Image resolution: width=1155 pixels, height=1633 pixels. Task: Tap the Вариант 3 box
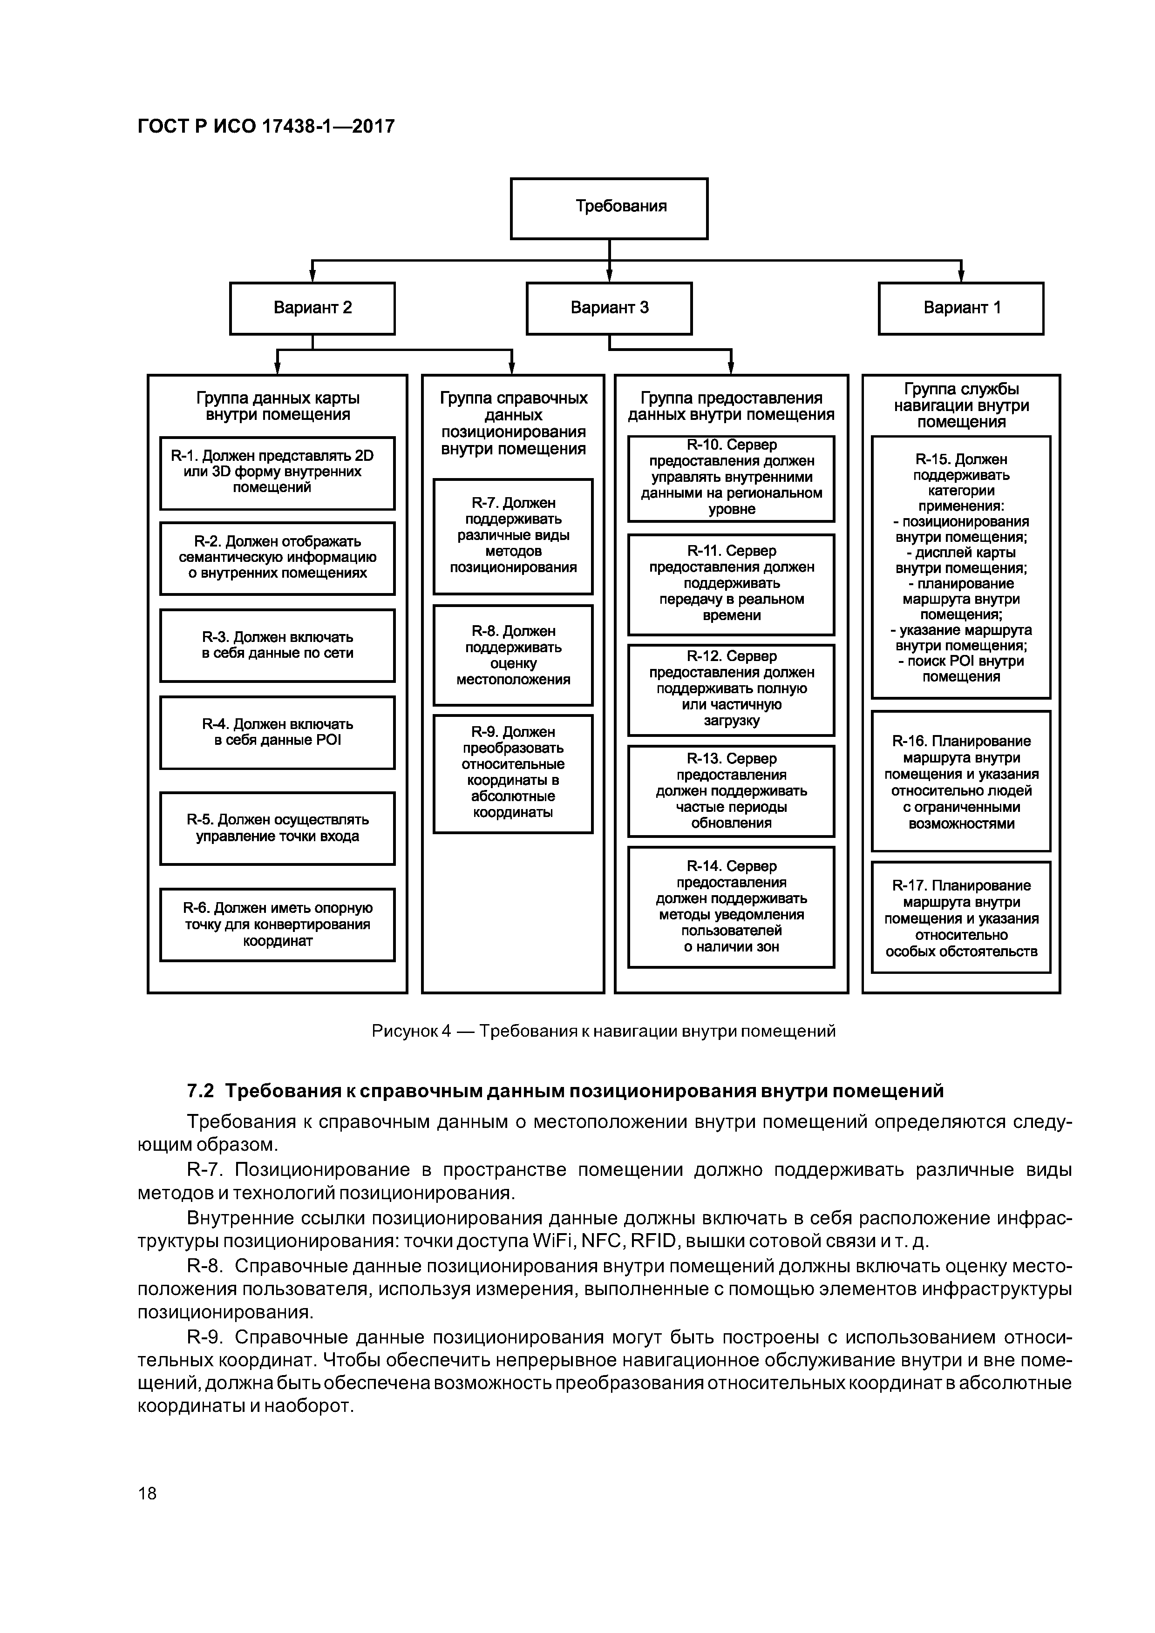point(609,308)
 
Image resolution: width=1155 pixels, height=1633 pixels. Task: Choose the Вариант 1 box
point(961,308)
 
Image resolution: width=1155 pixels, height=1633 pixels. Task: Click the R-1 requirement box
point(277,472)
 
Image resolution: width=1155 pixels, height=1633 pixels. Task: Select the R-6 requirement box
point(277,924)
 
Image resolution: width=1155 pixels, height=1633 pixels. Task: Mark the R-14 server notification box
point(731,906)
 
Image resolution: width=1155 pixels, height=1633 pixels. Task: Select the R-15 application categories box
point(961,567)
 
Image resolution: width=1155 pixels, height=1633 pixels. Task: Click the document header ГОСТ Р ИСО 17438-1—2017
point(266,127)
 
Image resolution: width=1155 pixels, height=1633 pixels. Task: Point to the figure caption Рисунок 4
point(411,1031)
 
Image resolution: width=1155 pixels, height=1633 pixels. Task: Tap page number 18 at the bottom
point(147,1493)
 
